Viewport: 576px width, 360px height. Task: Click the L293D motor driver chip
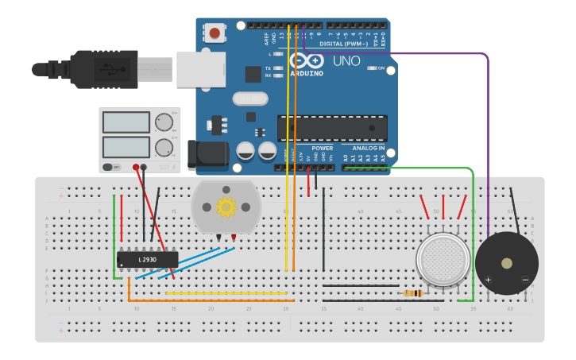[147, 259]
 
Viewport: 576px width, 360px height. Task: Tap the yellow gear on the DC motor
[226, 207]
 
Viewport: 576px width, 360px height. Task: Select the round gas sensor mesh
[443, 258]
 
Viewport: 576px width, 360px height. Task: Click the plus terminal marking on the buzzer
[488, 280]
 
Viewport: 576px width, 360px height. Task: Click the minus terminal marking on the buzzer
[525, 280]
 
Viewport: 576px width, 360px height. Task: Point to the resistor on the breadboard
[412, 293]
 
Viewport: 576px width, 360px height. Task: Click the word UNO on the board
[346, 61]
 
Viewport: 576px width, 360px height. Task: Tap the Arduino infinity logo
[306, 60]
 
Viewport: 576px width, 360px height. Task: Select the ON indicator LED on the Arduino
[370, 68]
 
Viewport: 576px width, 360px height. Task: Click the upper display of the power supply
[126, 122]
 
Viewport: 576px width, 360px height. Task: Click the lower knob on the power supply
[164, 147]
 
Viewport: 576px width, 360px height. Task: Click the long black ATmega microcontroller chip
[332, 128]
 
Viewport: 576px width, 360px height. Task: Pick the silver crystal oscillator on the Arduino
[250, 99]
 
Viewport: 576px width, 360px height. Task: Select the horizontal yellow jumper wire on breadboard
[226, 293]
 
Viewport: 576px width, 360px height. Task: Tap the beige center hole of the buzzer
[507, 263]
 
